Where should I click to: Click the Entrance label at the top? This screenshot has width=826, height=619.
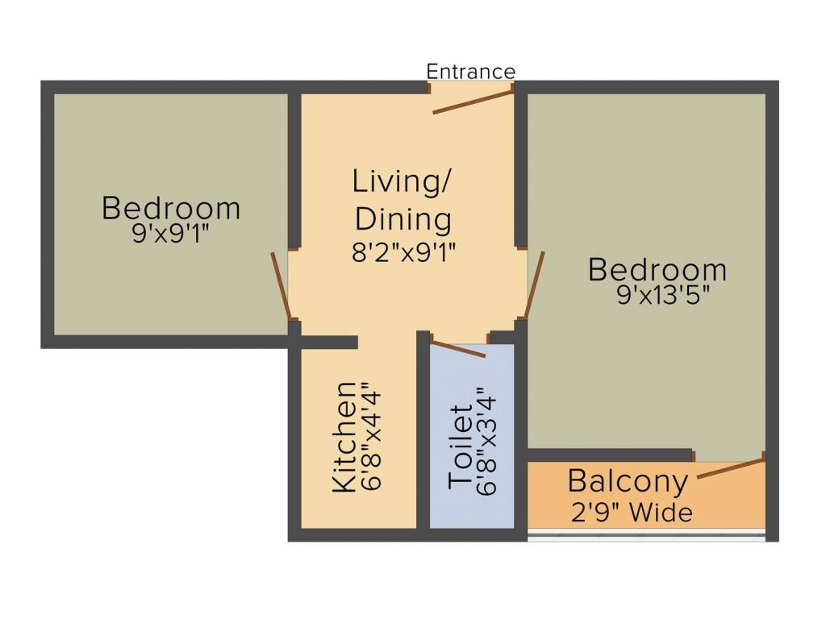coord(470,71)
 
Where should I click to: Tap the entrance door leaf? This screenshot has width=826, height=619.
coord(473,102)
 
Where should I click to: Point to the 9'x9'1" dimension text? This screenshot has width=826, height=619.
coord(170,235)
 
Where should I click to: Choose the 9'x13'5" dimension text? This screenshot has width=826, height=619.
coord(662,296)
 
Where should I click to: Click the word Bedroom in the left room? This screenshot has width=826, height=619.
coord(171,208)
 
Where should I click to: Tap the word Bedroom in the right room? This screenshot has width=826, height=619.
coord(657,269)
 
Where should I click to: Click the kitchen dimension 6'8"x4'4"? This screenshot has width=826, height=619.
coord(373,436)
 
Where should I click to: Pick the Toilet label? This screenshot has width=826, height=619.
coord(461,446)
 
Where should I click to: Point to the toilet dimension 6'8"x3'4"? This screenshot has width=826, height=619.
coord(487,442)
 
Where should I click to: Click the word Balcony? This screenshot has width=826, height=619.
coord(628,482)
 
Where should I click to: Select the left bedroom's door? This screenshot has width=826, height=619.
coord(281,287)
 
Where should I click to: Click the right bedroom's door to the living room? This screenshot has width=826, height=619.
coord(534,285)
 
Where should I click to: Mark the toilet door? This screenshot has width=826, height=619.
coord(457,348)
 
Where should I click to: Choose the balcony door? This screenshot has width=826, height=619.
coord(730,468)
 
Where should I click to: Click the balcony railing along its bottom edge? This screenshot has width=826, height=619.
coord(645,534)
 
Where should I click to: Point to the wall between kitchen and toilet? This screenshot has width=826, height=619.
coord(423,435)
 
